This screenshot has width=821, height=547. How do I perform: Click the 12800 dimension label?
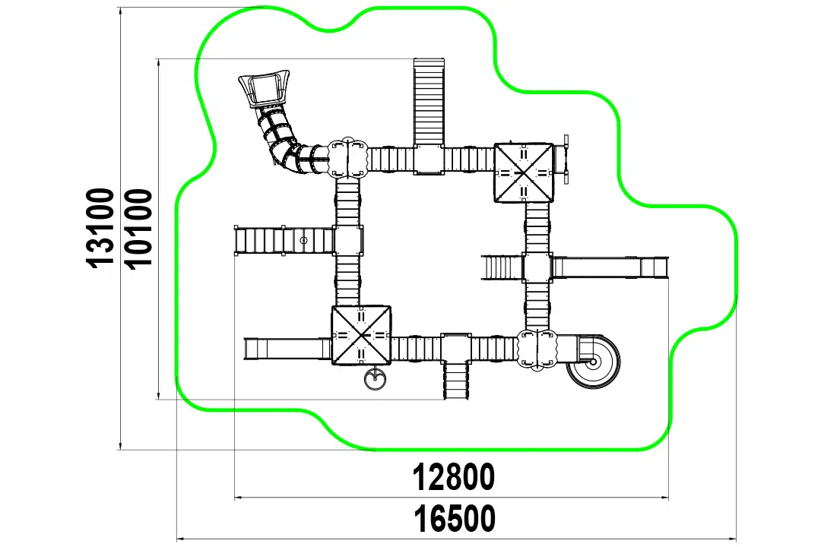click(453, 477)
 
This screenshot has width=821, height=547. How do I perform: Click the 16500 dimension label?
click(455, 519)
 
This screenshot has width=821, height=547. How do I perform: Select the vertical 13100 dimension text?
click(100, 228)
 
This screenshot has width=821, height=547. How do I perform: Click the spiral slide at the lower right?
click(593, 361)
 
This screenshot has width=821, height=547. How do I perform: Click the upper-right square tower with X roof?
click(524, 172)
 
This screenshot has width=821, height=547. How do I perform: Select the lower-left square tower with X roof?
click(361, 335)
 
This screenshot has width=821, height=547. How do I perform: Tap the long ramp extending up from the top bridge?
click(429, 102)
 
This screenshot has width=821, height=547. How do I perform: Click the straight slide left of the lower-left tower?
click(287, 349)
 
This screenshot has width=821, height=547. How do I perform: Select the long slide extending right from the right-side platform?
click(610, 267)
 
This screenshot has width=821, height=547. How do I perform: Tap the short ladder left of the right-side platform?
click(502, 267)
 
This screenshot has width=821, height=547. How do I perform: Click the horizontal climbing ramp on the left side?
click(284, 240)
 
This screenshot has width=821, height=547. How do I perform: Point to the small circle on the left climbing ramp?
click(303, 240)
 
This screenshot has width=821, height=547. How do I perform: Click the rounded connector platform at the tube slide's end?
click(347, 158)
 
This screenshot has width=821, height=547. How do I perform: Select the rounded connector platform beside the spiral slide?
click(537, 349)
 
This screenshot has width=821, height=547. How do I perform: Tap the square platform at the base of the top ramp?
click(429, 160)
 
